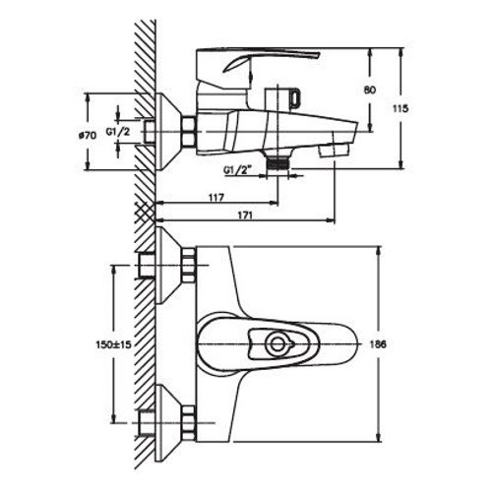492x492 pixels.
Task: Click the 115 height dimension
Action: pyautogui.click(x=400, y=108)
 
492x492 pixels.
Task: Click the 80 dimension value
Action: pyautogui.click(x=370, y=90)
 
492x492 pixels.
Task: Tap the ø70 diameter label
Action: pyautogui.click(x=88, y=135)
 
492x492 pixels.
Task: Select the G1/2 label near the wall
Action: pyautogui.click(x=118, y=132)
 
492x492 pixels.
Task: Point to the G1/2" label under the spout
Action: pyautogui.click(x=237, y=170)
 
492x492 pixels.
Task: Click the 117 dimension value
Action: pyautogui.click(x=216, y=198)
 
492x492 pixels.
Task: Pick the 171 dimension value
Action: pyautogui.click(x=245, y=215)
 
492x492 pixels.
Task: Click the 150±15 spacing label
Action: pyautogui.click(x=113, y=344)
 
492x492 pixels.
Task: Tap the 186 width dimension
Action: pyautogui.click(x=378, y=344)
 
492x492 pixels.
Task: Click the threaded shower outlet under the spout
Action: pyautogui.click(x=277, y=161)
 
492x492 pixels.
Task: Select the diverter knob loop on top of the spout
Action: pyautogui.click(x=295, y=97)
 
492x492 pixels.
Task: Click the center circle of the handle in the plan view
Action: pyautogui.click(x=277, y=344)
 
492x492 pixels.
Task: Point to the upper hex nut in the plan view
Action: pyautogui.click(x=189, y=266)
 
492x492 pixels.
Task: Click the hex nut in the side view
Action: pyautogui.click(x=189, y=132)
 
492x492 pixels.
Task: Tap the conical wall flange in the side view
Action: pyautogui.click(x=168, y=132)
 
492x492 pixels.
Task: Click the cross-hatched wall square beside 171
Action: pyautogui.click(x=146, y=213)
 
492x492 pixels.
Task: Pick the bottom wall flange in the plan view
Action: pyautogui.click(x=168, y=423)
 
